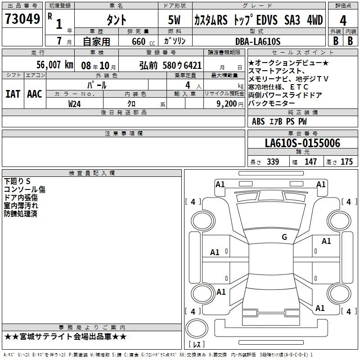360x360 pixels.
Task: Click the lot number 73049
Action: coord(22,19)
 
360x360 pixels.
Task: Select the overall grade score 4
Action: coord(343,21)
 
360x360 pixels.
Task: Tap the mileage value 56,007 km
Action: coord(55,65)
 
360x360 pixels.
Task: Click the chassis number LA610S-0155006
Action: coord(302,143)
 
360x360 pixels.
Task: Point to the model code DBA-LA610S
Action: coord(258,41)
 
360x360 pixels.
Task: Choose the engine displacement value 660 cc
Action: coord(143,42)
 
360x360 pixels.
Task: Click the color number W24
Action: coord(74,104)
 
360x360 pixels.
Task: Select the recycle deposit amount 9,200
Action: coord(227,104)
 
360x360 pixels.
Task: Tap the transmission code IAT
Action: coord(13,94)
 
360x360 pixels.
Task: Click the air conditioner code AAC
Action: coord(35,94)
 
